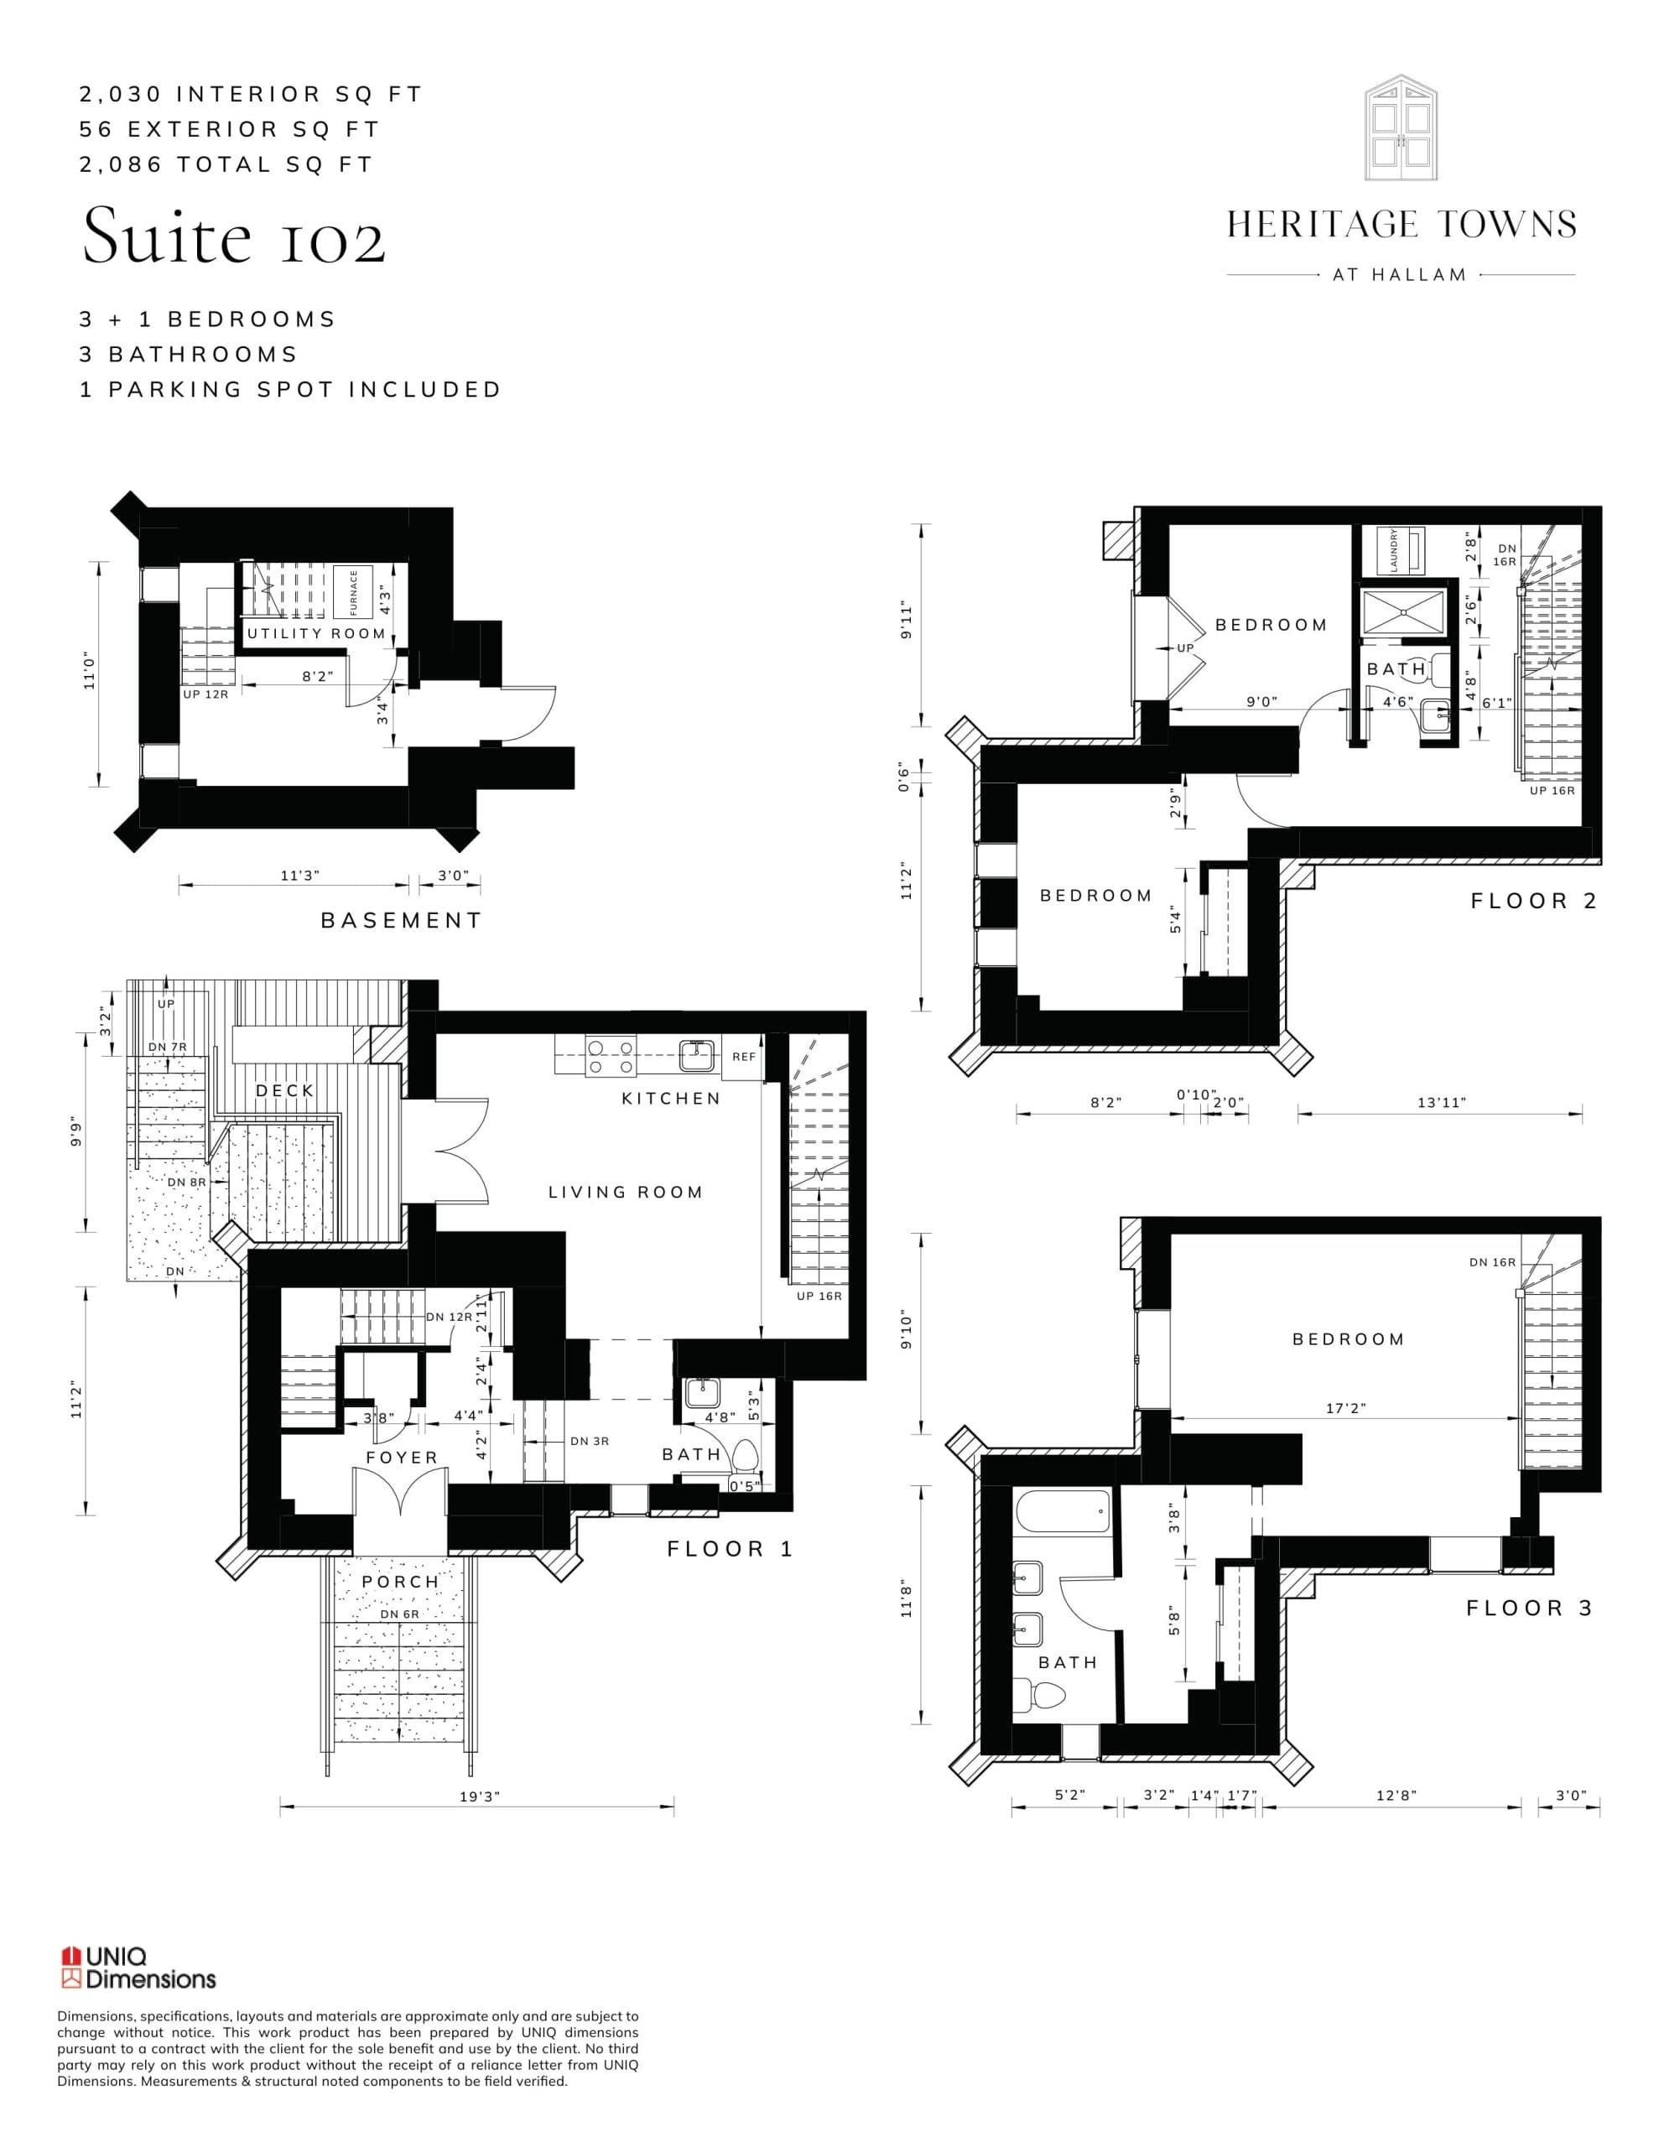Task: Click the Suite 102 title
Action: tap(234, 236)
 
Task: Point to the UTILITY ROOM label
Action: tap(315, 633)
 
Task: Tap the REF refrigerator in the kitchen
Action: tap(743, 1057)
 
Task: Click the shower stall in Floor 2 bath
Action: tap(1401, 611)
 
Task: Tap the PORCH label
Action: tap(400, 1582)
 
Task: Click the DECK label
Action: tap(285, 1090)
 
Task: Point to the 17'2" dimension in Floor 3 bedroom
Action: tap(1345, 1408)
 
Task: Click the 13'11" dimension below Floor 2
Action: tap(1441, 1103)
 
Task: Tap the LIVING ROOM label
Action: tap(626, 1193)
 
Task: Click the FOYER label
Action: tap(401, 1458)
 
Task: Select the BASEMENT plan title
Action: tap(401, 920)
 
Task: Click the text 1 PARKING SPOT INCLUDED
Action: tap(290, 389)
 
